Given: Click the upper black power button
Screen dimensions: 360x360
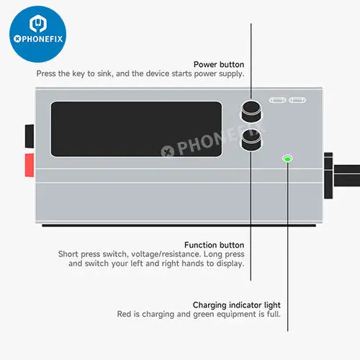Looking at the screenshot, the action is [251, 111].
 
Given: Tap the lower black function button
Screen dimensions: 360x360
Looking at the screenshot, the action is [251, 140].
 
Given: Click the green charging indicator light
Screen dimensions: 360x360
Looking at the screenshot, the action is [287, 158].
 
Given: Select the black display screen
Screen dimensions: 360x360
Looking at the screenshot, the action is [136, 129].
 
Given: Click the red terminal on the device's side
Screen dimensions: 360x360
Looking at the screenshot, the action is [30, 165].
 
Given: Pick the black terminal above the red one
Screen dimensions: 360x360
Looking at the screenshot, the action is [30, 136].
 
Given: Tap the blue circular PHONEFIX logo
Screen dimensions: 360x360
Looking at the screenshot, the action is [38, 34].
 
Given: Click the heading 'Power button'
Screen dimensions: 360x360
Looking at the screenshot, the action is [219, 64].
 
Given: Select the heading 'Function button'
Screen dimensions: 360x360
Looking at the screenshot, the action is [215, 245].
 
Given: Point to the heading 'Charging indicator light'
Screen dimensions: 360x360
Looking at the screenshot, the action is [237, 305].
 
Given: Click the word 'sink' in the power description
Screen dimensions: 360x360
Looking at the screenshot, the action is [105, 73].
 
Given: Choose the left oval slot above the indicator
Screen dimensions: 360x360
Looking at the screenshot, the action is [278, 100].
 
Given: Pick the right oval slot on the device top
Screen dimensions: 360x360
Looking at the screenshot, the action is [297, 100].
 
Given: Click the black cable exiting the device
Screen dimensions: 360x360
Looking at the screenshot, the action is [347, 176].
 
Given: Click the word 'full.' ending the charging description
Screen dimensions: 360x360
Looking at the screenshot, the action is [274, 314].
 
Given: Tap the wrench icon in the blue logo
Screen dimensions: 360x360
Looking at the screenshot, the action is [38, 23].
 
